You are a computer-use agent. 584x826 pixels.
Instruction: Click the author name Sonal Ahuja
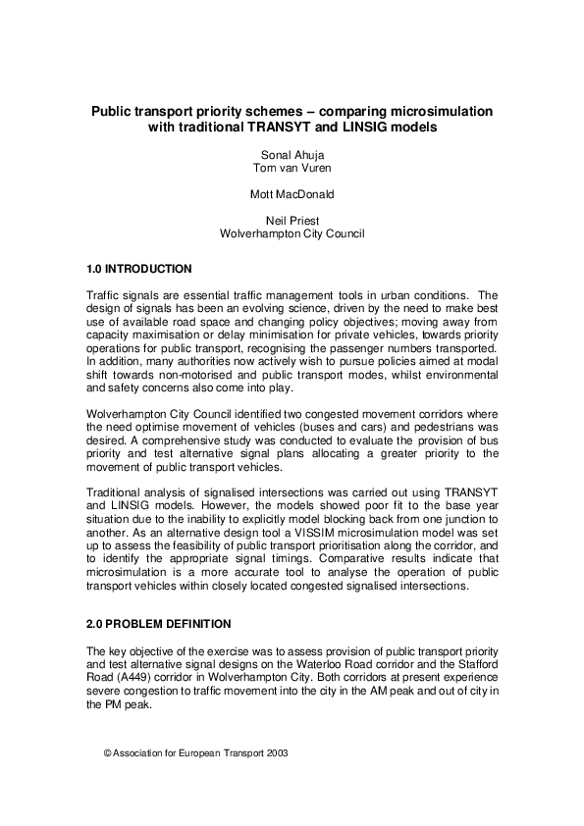(x=292, y=155)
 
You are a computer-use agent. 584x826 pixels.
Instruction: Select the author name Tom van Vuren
(x=292, y=168)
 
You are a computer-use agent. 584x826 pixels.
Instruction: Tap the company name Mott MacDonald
(x=292, y=194)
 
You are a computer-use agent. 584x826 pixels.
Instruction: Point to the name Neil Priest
(x=292, y=221)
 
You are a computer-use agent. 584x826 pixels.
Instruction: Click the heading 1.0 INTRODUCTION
(x=139, y=269)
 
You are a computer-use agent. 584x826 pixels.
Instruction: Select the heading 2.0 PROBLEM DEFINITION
(x=159, y=624)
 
